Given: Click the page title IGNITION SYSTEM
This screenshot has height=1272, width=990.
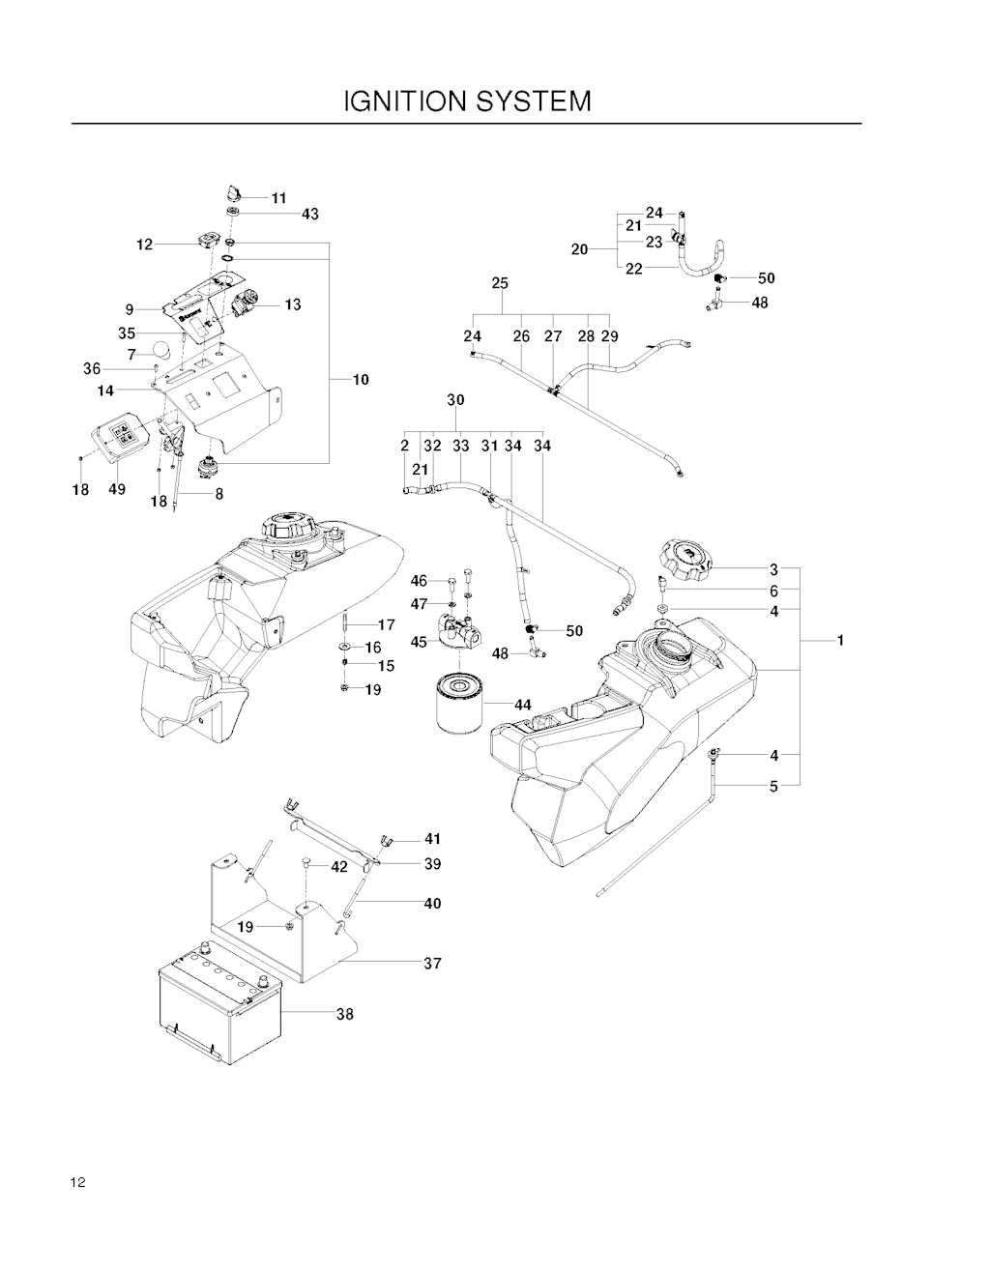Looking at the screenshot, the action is [x=467, y=101].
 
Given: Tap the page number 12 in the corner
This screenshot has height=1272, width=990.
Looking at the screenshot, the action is [x=77, y=1182].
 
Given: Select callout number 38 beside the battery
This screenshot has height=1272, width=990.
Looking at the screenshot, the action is [x=345, y=1014].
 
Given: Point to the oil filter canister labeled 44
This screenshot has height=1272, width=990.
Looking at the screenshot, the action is [x=459, y=703].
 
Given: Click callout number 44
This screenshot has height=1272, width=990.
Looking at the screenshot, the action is [x=522, y=705].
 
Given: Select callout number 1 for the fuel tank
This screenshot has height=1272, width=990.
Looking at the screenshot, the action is [x=840, y=641].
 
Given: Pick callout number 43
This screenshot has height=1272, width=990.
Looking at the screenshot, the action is [x=309, y=215].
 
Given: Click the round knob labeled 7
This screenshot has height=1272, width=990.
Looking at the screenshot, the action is [x=161, y=350].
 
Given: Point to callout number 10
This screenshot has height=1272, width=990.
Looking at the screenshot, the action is [x=361, y=380].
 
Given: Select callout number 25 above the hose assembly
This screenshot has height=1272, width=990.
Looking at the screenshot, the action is [x=500, y=283].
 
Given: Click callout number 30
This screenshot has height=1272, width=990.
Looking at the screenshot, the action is [x=455, y=400].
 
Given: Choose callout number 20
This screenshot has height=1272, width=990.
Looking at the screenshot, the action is [x=580, y=249].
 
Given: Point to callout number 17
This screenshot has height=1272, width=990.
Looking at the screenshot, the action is [x=387, y=624].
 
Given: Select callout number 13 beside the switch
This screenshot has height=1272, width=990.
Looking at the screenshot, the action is [x=293, y=304].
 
